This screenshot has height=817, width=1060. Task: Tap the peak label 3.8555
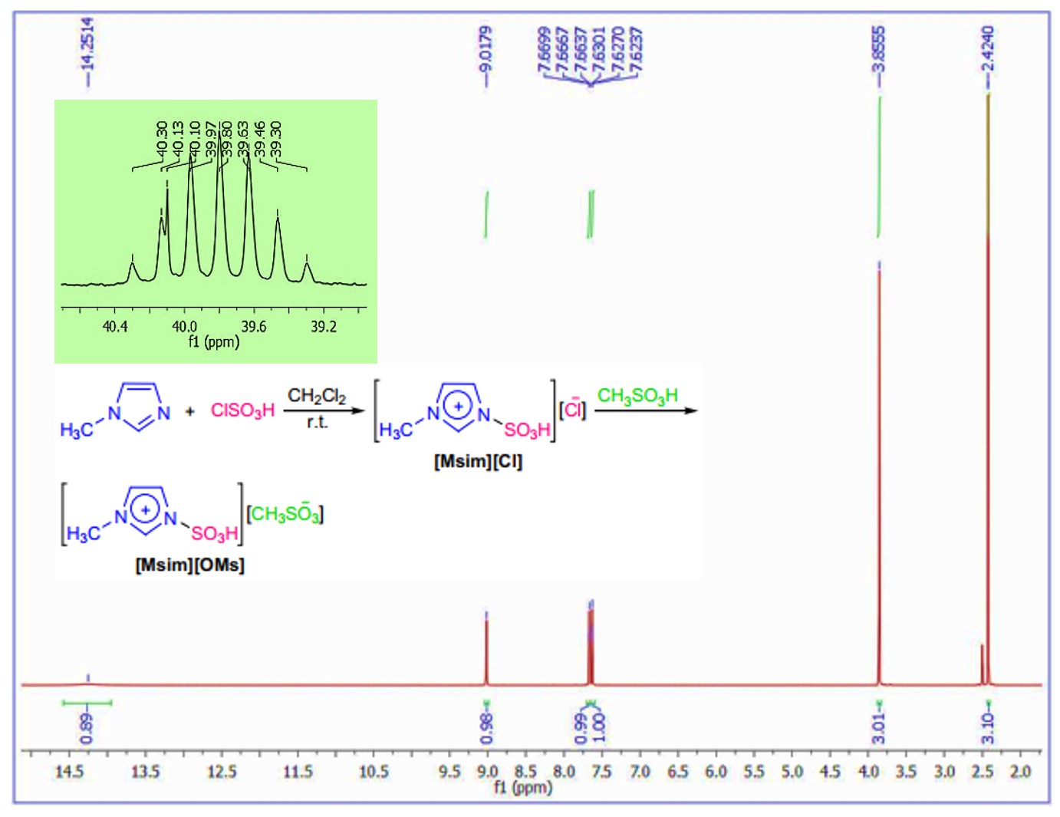point(879,48)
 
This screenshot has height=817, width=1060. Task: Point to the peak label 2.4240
point(988,48)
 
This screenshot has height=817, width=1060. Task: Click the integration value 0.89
point(87,728)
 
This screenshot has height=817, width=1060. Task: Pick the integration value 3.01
point(879,728)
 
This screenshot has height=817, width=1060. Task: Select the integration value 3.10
point(988,728)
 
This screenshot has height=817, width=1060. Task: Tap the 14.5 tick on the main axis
point(69,771)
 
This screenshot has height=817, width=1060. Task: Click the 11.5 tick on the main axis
point(298,771)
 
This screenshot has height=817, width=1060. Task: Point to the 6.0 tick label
point(716,771)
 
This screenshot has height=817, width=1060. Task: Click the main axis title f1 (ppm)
point(523,787)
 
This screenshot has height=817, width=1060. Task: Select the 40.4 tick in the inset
point(115,327)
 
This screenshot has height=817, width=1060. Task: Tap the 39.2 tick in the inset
point(323,327)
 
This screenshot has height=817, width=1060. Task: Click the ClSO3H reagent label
point(242,411)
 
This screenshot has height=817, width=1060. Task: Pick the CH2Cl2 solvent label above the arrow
point(317,396)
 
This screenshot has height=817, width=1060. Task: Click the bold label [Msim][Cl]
point(478,462)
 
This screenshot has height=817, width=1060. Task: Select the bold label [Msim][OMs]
point(189,565)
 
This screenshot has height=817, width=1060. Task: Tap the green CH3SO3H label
point(637,396)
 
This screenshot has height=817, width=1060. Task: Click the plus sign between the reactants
point(190,411)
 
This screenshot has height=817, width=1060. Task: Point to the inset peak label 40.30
point(162,137)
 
